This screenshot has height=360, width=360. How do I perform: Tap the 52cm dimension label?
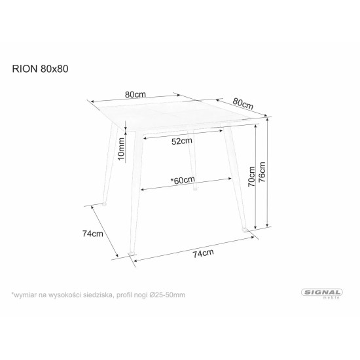(183, 141)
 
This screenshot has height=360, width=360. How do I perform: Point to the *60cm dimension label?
(181, 180)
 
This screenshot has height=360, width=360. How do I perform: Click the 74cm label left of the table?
(92, 234)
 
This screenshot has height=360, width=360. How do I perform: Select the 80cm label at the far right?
(243, 103)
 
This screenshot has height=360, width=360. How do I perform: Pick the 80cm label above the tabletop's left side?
(135, 94)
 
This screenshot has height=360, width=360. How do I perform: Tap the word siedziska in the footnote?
(99, 295)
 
